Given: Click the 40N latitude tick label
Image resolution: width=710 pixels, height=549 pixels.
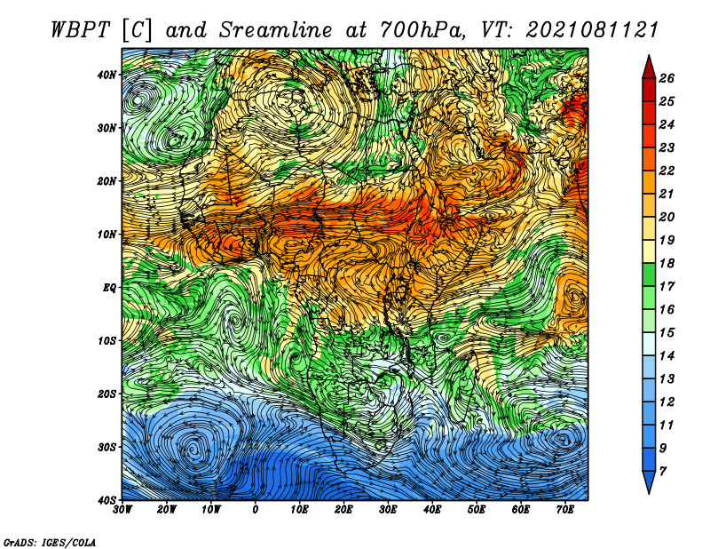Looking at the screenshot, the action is [x=106, y=75].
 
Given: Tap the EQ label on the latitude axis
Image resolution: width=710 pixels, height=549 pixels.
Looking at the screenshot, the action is [x=109, y=288].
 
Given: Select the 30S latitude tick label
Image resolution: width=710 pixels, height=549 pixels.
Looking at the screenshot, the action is [x=106, y=447].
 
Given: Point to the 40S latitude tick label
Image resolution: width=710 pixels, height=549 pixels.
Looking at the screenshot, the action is [x=106, y=500].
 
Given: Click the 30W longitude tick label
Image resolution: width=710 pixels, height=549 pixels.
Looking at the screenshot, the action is [x=122, y=510].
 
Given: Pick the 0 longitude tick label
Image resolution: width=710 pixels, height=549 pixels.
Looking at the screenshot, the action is [x=255, y=510].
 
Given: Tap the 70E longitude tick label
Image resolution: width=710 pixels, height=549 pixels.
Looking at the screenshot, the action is [x=564, y=510].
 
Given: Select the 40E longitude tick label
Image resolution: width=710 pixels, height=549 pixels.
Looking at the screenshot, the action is [x=432, y=510].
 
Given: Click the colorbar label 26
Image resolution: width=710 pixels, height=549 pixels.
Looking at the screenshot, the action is [x=667, y=78].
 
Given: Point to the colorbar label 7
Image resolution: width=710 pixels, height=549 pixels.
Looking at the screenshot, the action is [x=663, y=472].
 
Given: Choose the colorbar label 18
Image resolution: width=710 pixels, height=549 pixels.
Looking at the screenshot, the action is [x=667, y=263].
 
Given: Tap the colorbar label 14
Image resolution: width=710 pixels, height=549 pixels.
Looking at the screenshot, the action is [x=667, y=356].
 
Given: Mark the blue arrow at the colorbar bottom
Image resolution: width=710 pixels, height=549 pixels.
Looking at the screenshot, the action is [x=649, y=481].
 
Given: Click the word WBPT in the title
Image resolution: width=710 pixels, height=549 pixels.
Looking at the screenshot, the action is [x=80, y=30].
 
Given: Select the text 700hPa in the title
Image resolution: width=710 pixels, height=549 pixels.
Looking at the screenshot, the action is [x=422, y=30].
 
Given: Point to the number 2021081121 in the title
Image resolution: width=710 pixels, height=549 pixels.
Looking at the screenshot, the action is [x=592, y=30].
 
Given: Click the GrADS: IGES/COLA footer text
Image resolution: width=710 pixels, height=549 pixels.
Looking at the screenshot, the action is [x=50, y=542].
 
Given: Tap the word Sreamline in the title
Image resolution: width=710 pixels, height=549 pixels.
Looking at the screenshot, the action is [x=276, y=30].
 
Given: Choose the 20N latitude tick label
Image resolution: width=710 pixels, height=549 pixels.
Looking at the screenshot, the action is [x=106, y=181].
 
